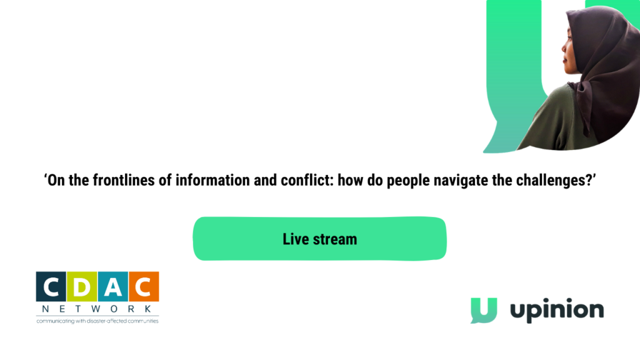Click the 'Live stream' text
319,239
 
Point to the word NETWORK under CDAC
97,309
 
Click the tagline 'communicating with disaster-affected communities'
97,321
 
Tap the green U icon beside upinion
484,310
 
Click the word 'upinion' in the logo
557,310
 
